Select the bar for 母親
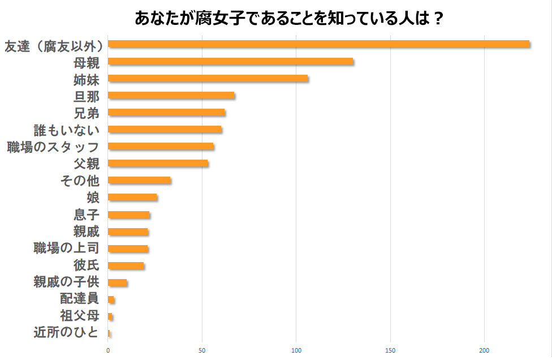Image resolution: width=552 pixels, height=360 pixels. [x=230, y=61]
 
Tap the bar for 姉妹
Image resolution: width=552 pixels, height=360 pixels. [x=208, y=78]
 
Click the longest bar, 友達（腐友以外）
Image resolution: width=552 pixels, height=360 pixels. [x=318, y=44]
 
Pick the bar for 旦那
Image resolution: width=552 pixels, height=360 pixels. [x=171, y=95]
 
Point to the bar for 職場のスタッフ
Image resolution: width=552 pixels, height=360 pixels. [x=161, y=146]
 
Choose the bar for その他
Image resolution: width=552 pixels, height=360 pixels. [x=139, y=180]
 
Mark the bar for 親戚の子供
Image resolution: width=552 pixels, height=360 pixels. [x=117, y=282]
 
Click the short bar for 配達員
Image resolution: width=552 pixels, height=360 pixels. [x=111, y=299]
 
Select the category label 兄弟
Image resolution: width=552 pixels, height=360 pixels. [x=87, y=113]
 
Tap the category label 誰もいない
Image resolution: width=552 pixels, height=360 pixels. [x=67, y=130]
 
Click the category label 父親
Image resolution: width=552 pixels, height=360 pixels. [x=87, y=164]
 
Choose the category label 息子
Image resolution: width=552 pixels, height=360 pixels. [x=87, y=215]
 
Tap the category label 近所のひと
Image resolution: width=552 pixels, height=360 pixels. [x=67, y=332]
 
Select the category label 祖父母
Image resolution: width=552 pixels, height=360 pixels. [x=80, y=315]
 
